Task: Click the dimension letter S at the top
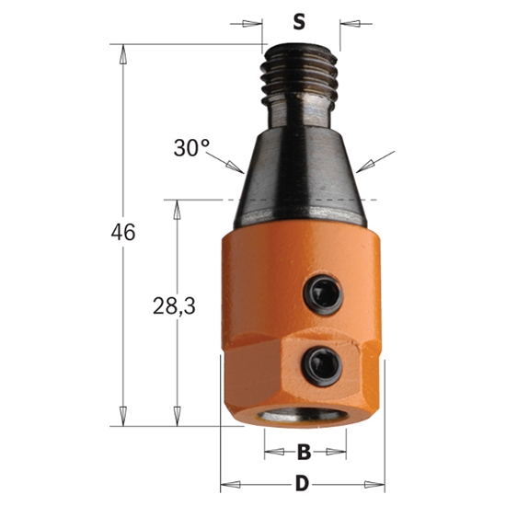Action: (x=298, y=21)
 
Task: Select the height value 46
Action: (x=120, y=233)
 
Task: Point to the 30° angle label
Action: (x=190, y=148)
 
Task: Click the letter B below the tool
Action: (x=305, y=453)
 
